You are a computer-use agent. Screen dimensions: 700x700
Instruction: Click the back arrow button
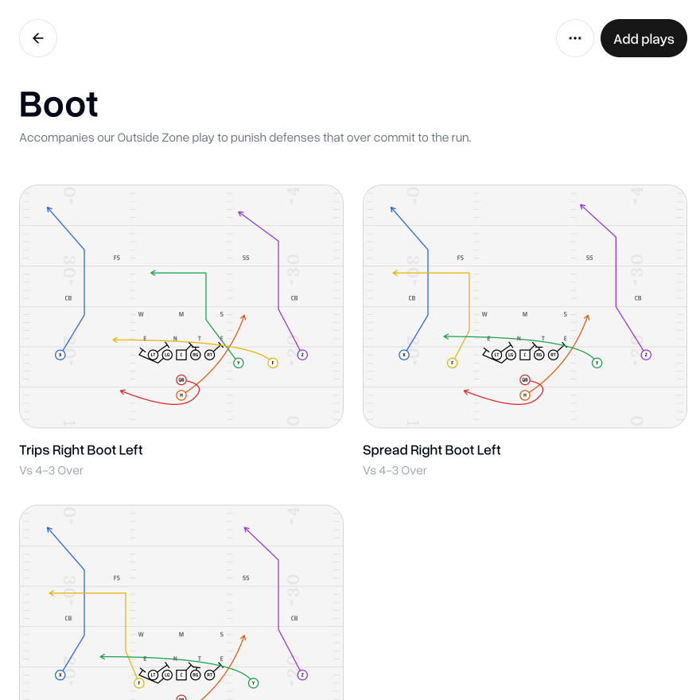pos(38,38)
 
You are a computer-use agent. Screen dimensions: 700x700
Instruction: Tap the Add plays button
pos(644,38)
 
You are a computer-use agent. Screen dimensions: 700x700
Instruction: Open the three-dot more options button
pos(575,38)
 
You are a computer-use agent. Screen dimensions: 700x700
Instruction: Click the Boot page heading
pos(59,104)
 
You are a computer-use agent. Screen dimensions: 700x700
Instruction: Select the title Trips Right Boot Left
pos(81,450)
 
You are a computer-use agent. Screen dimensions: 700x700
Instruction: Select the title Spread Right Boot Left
pos(432,450)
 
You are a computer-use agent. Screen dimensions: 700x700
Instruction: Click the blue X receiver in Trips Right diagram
pos(60,355)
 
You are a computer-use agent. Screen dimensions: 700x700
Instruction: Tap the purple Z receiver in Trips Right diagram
pos(302,355)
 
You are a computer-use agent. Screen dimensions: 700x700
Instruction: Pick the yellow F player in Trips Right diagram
pos(273,363)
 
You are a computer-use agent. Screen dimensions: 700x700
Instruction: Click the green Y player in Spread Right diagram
pos(597,363)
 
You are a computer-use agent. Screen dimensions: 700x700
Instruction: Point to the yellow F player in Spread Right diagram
pos(453,363)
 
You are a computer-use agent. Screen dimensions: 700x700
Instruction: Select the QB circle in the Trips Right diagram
pos(181,379)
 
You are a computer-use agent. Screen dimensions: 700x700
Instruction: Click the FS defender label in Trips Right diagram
pos(117,258)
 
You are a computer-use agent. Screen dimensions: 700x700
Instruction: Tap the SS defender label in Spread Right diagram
pos(589,258)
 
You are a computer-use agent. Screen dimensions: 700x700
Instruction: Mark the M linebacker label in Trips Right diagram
pos(181,314)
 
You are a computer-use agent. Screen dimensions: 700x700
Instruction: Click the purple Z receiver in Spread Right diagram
pos(646,355)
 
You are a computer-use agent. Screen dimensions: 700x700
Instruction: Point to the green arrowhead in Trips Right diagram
pos(153,273)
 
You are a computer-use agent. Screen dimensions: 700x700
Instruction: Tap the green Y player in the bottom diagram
pos(254,682)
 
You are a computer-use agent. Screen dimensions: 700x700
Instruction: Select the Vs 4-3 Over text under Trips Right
pos(51,470)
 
